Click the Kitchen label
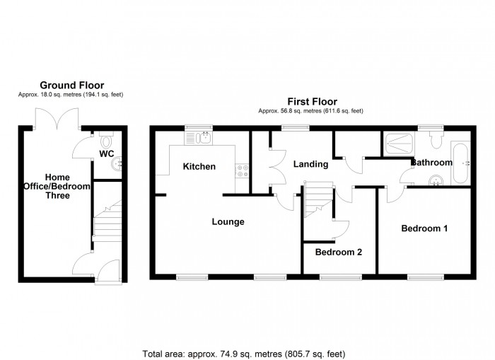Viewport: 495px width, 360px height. [199, 167]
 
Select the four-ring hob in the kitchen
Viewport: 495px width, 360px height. [242, 170]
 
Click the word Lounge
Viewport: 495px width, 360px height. [228, 221]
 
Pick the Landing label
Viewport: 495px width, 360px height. [310, 164]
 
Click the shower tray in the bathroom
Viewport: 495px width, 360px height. [400, 144]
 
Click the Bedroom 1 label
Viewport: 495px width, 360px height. [424, 228]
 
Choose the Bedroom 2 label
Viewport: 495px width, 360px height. [339, 252]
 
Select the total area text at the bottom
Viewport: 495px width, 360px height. [244, 353]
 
